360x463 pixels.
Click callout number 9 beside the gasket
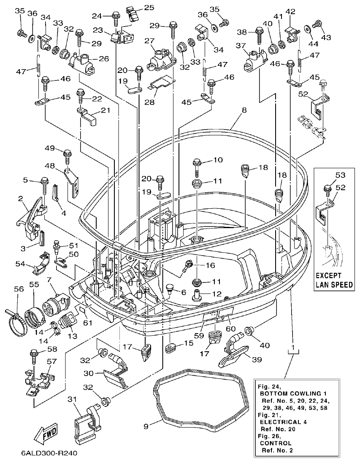point(146,426)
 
